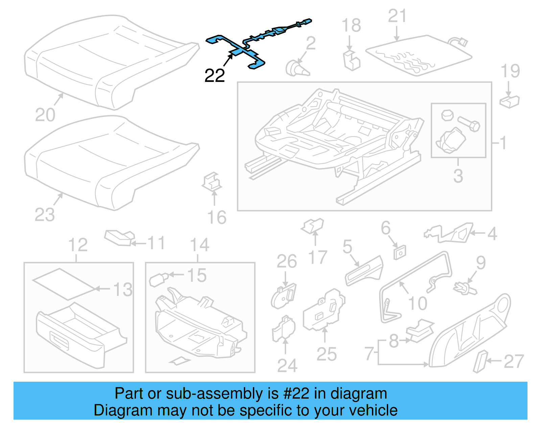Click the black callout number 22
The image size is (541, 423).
pyautogui.click(x=214, y=76)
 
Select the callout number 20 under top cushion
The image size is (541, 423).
pyautogui.click(x=45, y=115)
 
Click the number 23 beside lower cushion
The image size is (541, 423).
pyautogui.click(x=44, y=215)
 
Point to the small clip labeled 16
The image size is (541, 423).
pyautogui.click(x=212, y=182)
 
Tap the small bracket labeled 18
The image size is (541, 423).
pyautogui.click(x=351, y=61)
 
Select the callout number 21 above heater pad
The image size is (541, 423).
pyautogui.click(x=397, y=16)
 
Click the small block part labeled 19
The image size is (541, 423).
pyautogui.click(x=509, y=101)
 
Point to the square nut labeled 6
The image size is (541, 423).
pyautogui.click(x=400, y=252)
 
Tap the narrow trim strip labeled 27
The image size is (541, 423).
pyautogui.click(x=480, y=361)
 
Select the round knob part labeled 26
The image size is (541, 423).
pyautogui.click(x=283, y=296)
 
